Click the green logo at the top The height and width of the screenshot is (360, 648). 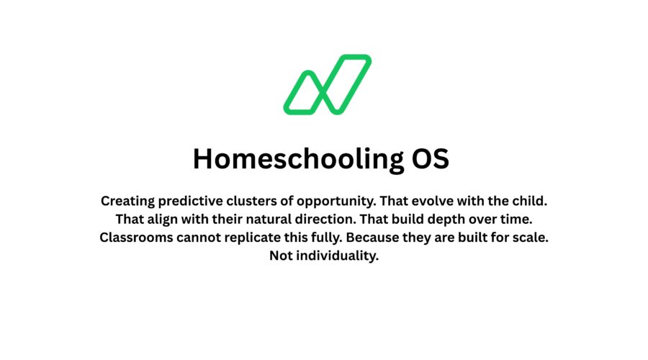(327, 84)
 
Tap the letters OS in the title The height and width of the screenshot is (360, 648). (429, 159)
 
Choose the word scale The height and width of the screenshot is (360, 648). (531, 238)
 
